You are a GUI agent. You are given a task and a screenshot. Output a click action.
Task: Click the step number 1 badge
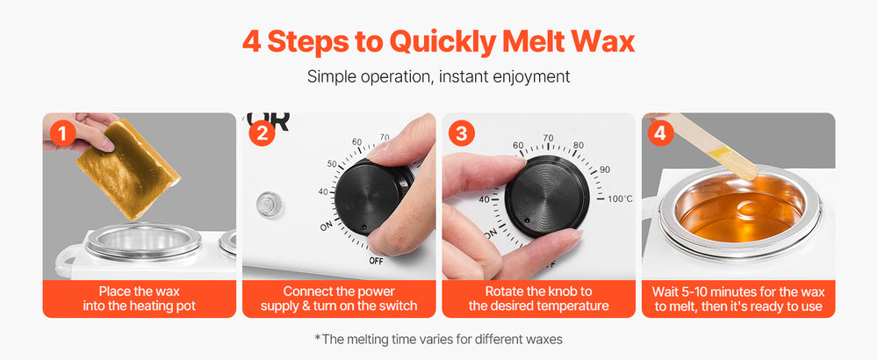point(61,133)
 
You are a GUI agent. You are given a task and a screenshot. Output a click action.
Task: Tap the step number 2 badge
point(262,133)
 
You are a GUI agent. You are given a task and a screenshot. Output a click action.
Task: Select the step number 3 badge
point(462,133)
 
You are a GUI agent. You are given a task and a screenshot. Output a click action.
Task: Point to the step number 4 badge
point(661,133)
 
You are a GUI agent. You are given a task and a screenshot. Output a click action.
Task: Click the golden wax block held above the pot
point(128,169)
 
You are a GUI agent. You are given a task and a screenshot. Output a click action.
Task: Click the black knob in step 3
point(547,196)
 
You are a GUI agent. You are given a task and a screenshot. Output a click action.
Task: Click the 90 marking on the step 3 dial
point(605,169)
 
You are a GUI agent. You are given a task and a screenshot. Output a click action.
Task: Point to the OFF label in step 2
point(377,261)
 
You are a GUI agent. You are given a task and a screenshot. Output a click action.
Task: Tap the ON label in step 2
point(327,227)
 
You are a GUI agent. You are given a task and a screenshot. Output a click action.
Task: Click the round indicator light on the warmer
point(270,205)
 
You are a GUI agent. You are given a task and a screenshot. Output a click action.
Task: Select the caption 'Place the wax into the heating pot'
point(140,299)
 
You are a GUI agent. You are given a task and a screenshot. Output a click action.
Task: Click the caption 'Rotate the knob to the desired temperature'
point(539,299)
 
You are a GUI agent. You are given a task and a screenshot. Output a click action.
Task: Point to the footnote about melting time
point(438,339)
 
